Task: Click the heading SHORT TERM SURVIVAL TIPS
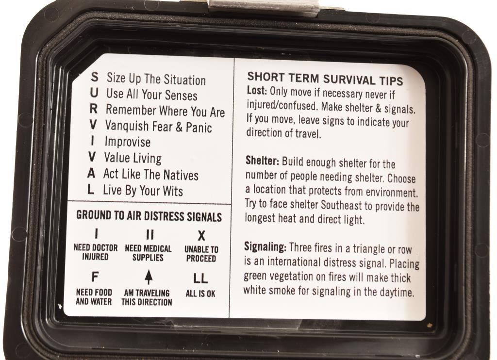point(325,79)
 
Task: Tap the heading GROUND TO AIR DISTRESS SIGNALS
point(149,216)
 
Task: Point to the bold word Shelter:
point(262,161)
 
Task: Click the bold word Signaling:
point(265,246)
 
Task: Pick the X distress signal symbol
point(201,236)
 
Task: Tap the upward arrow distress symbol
point(149,277)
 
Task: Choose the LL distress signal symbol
point(200,278)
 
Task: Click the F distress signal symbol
point(95,277)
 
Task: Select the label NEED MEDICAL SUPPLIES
point(148,253)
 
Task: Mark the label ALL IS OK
point(200,294)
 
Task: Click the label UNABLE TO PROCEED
point(201,254)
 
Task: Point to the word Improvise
point(128,142)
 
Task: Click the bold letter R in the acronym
point(93,109)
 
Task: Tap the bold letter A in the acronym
point(91,173)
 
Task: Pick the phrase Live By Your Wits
point(143,191)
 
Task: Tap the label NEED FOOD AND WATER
point(94,297)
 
